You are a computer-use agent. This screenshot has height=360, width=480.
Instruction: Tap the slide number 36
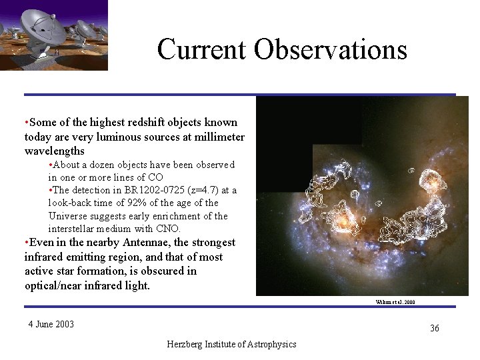point(434,329)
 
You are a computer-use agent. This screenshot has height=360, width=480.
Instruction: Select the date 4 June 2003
point(51,325)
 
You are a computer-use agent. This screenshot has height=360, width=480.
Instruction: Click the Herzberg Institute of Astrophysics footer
point(232,344)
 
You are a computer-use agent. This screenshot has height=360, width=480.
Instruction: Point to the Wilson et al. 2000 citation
point(395,302)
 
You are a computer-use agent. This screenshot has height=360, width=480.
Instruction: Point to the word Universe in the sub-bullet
point(69,216)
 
